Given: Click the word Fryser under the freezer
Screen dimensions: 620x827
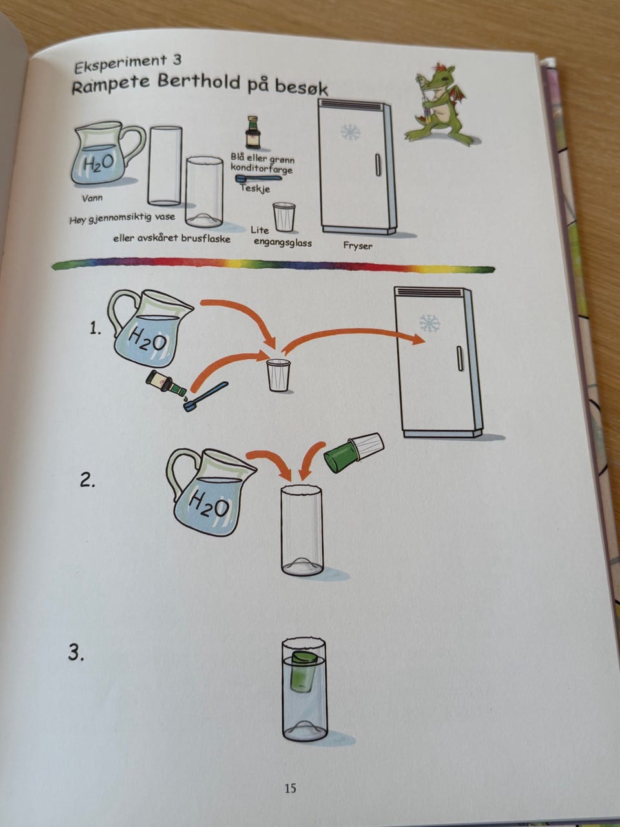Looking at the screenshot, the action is click(357, 246).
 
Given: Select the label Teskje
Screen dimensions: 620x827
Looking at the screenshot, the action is click(256, 188).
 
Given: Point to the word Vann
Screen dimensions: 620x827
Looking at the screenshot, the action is click(92, 198).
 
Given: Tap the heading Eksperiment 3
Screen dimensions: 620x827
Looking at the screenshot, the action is click(128, 65).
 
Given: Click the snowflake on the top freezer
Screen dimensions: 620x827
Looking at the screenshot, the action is click(351, 132).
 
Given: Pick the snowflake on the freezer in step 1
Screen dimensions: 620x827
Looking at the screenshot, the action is click(430, 323).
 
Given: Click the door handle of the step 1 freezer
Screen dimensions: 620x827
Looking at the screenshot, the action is click(460, 358).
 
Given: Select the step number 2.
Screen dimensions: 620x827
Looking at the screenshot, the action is click(87, 481).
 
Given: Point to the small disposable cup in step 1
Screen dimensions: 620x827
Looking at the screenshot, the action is click(279, 375).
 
